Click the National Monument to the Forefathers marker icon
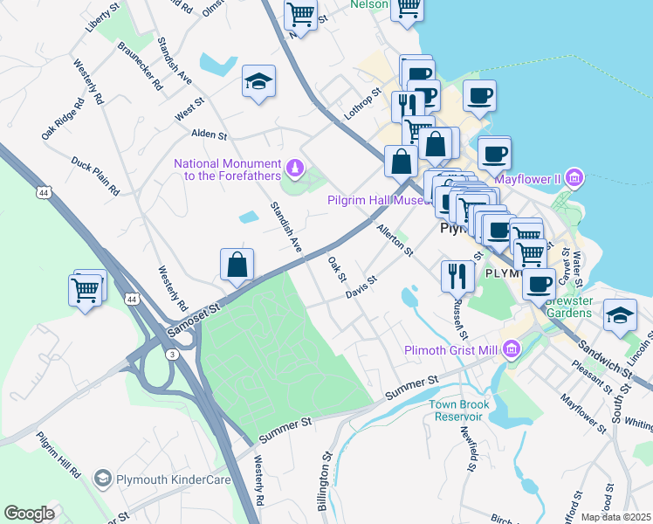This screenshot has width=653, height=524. pos(295,165)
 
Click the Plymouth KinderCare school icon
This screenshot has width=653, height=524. pos(103,478)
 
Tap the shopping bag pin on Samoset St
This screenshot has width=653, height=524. pos(237,265)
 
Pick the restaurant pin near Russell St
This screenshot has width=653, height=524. pos(457,276)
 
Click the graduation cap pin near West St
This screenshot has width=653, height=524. pos(258,82)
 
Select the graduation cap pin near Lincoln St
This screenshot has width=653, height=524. pos(620,315)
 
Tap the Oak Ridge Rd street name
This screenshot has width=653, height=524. pos(63,119)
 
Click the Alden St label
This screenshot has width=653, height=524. pos(210,135)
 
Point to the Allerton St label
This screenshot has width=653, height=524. pos(394,239)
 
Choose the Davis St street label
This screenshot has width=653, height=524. pos(360,287)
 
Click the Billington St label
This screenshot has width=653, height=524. pos(326,480)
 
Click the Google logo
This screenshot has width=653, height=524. pos(30,514)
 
